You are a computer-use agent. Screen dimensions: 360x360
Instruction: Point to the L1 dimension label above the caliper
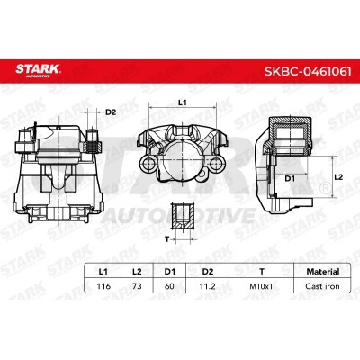tap(181, 104)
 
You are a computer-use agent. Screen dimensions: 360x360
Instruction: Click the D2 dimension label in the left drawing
tap(111, 113)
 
